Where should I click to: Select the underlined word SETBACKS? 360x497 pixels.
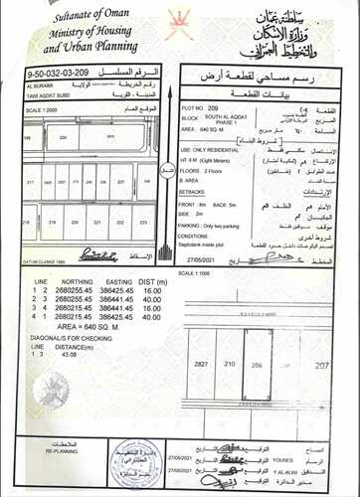point(198,188)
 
